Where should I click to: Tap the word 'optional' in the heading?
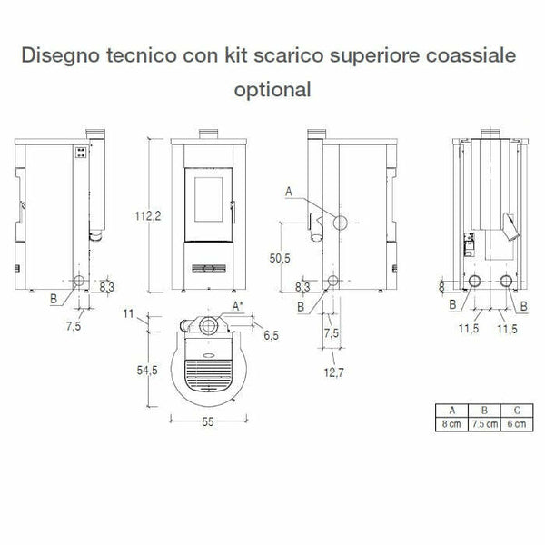[272, 89]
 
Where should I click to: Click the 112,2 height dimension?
[145, 215]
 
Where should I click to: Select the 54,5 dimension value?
[146, 371]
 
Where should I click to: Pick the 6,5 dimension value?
[272, 336]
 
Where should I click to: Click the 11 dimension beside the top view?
[128, 315]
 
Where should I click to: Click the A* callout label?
[238, 306]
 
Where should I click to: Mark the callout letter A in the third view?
[289, 192]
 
